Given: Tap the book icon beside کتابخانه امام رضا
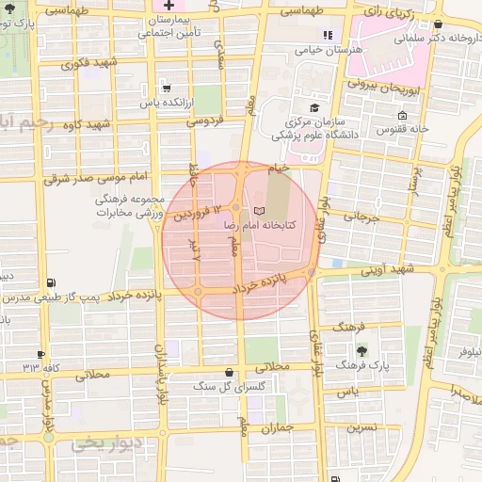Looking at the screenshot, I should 260,210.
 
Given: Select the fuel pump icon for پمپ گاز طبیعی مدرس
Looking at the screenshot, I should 50,281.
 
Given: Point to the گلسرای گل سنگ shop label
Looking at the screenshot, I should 230,386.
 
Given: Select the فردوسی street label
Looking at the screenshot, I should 204,121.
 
